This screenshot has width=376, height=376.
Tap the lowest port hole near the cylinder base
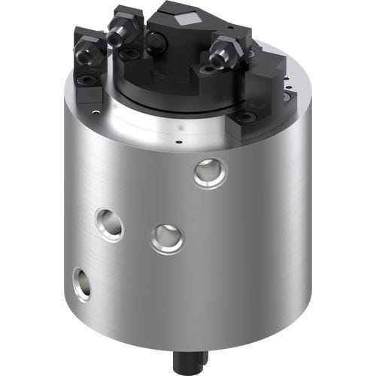tap(81, 283)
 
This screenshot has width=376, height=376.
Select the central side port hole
tap(166, 238)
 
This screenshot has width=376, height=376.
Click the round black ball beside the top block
tap(154, 44)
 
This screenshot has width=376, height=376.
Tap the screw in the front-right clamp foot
tap(244, 118)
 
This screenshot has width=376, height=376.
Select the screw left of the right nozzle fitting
tap(206, 70)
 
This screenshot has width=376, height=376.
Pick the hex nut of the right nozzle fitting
tap(226, 54)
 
